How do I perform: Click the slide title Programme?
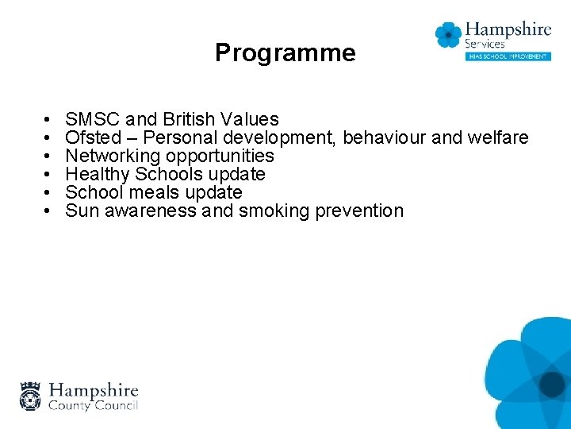tap(285, 53)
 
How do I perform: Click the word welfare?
tap(497, 138)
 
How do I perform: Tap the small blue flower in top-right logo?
tap(448, 35)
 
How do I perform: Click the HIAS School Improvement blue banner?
tap(508, 56)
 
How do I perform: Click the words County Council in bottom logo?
tap(94, 405)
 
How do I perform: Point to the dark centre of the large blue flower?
tap(552, 385)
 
